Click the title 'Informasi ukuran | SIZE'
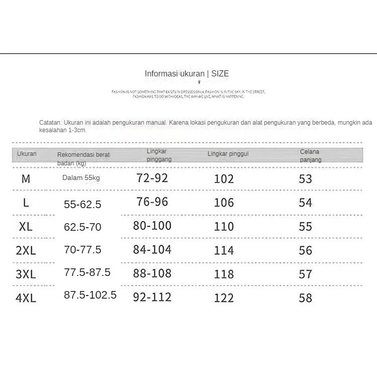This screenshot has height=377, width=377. (x=186, y=74)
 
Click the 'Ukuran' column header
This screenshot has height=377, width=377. (x=27, y=154)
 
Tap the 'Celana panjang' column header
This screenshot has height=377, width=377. (x=310, y=155)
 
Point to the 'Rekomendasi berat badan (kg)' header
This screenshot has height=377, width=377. (x=83, y=158)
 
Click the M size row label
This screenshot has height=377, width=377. (x=26, y=179)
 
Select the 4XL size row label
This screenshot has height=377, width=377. (x=26, y=298)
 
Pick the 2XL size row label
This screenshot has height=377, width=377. (x=26, y=250)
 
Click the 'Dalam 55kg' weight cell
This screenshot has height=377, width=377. (x=81, y=178)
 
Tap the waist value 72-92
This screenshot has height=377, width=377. (x=152, y=177)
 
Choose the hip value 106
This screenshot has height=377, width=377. (x=224, y=203)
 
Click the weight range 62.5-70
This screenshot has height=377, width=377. (x=82, y=227)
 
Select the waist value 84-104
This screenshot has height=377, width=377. (x=152, y=249)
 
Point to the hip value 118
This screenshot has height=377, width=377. (x=224, y=274)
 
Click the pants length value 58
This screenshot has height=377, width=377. (x=305, y=298)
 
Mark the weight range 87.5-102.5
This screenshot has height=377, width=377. (x=90, y=295)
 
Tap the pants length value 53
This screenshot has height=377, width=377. (x=305, y=179)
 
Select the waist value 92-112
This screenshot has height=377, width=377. (x=152, y=297)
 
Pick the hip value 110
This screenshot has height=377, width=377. (x=224, y=227)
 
